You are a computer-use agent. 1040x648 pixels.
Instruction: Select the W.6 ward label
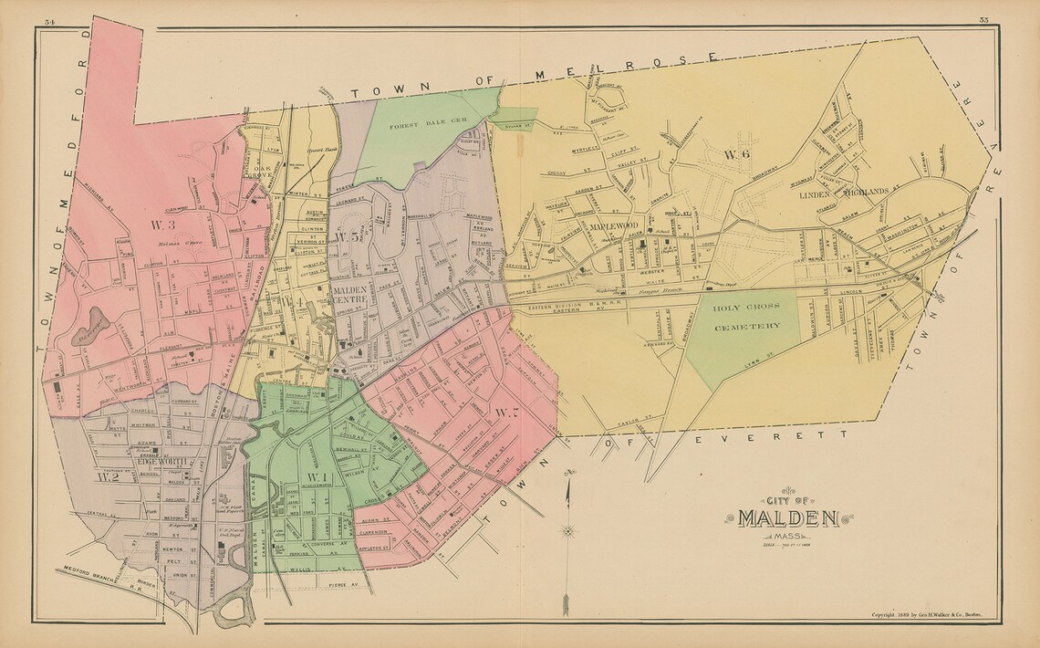click(736, 154)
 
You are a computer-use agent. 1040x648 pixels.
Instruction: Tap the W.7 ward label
click(507, 413)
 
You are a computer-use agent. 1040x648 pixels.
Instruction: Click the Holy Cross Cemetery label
click(747, 317)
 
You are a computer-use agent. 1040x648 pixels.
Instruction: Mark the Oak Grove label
click(262, 172)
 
